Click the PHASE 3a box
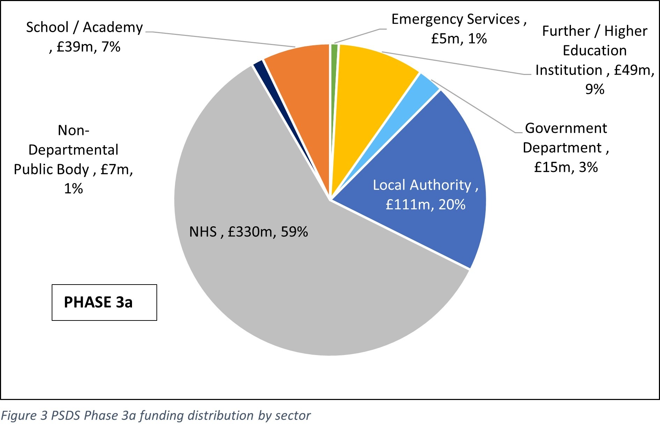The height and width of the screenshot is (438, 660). click(x=104, y=302)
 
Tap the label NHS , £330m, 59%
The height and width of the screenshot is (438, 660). click(x=248, y=232)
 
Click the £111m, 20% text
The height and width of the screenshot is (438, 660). click(x=425, y=205)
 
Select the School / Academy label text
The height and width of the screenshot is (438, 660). click(x=84, y=28)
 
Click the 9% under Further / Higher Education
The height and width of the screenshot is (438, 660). click(x=594, y=90)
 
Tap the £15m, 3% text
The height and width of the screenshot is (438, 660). click(x=566, y=167)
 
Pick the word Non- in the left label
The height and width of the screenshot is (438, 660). click(x=73, y=131)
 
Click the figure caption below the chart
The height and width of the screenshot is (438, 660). click(x=155, y=416)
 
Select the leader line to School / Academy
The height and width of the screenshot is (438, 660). click(x=220, y=39)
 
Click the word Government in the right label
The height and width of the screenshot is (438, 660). click(x=566, y=128)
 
